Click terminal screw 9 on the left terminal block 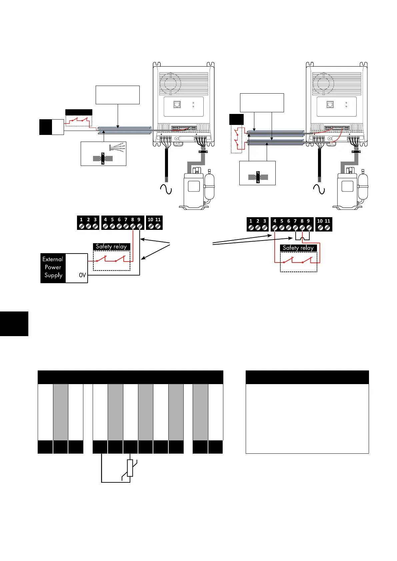point(139,226)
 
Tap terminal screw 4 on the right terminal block point(275,228)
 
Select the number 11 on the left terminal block point(158,220)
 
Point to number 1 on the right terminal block point(251,221)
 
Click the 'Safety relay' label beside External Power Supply point(111,247)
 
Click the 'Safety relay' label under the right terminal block point(298,248)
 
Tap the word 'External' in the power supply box point(53,259)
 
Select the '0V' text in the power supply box point(82,275)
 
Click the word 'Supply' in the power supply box point(53,275)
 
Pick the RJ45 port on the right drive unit point(330,105)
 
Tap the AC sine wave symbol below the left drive point(166,189)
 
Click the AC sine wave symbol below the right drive point(319,190)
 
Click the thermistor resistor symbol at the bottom point(130,468)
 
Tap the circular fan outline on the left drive point(170,83)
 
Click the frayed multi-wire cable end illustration point(117,148)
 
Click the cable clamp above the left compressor point(202,152)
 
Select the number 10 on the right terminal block point(320,221)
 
